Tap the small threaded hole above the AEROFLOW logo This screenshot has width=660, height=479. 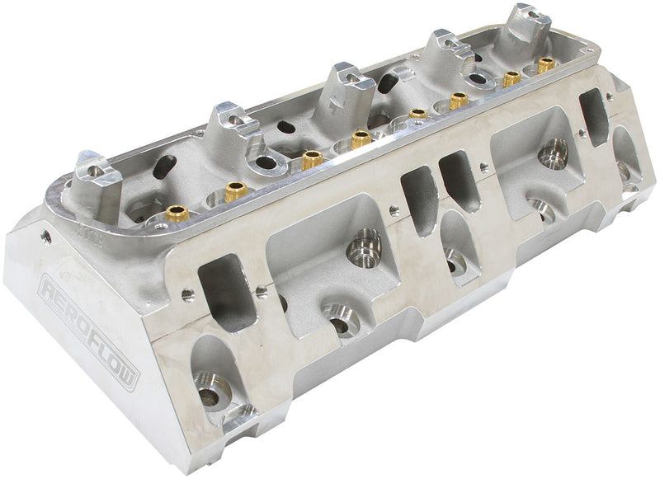pos(45,237)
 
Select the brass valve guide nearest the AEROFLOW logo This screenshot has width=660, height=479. pos(177,214)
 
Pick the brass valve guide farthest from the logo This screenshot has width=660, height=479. pos(545,63)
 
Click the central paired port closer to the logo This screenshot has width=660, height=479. pos(419,199)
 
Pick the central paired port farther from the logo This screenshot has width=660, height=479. pos(458,180)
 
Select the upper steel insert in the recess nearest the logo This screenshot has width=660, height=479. pos(364,245)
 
